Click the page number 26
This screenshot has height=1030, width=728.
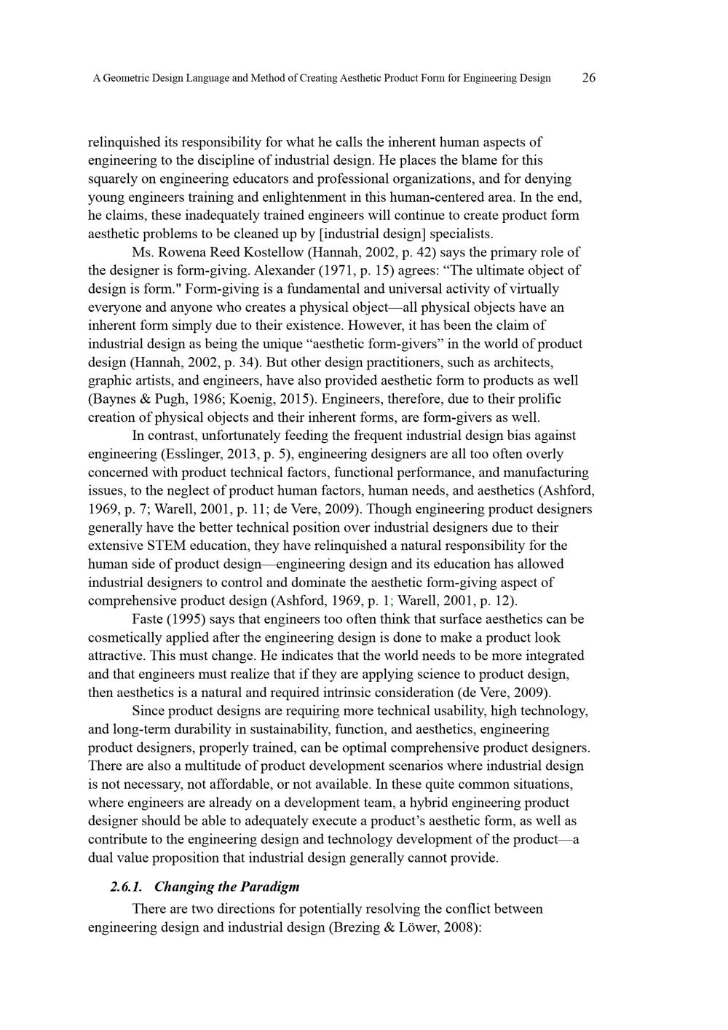pos(589,78)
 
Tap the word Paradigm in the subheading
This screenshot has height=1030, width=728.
pos(268,886)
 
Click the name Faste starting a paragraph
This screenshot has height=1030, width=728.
pos(149,619)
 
